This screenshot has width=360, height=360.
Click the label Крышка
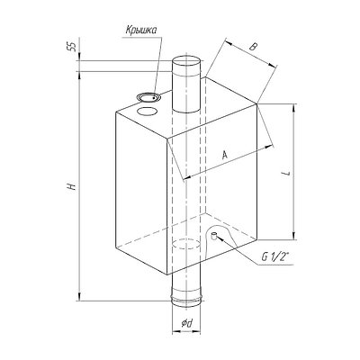(x=141, y=31)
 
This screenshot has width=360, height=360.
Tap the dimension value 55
(x=73, y=47)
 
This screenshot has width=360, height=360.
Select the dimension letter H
(x=71, y=186)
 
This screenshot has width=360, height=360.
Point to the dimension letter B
(x=254, y=47)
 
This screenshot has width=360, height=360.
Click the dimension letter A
(x=225, y=155)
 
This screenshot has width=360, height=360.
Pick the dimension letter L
(x=288, y=173)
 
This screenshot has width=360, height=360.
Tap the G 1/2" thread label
(x=274, y=257)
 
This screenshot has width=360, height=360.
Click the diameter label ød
(x=186, y=323)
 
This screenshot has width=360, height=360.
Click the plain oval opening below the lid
(x=147, y=112)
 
